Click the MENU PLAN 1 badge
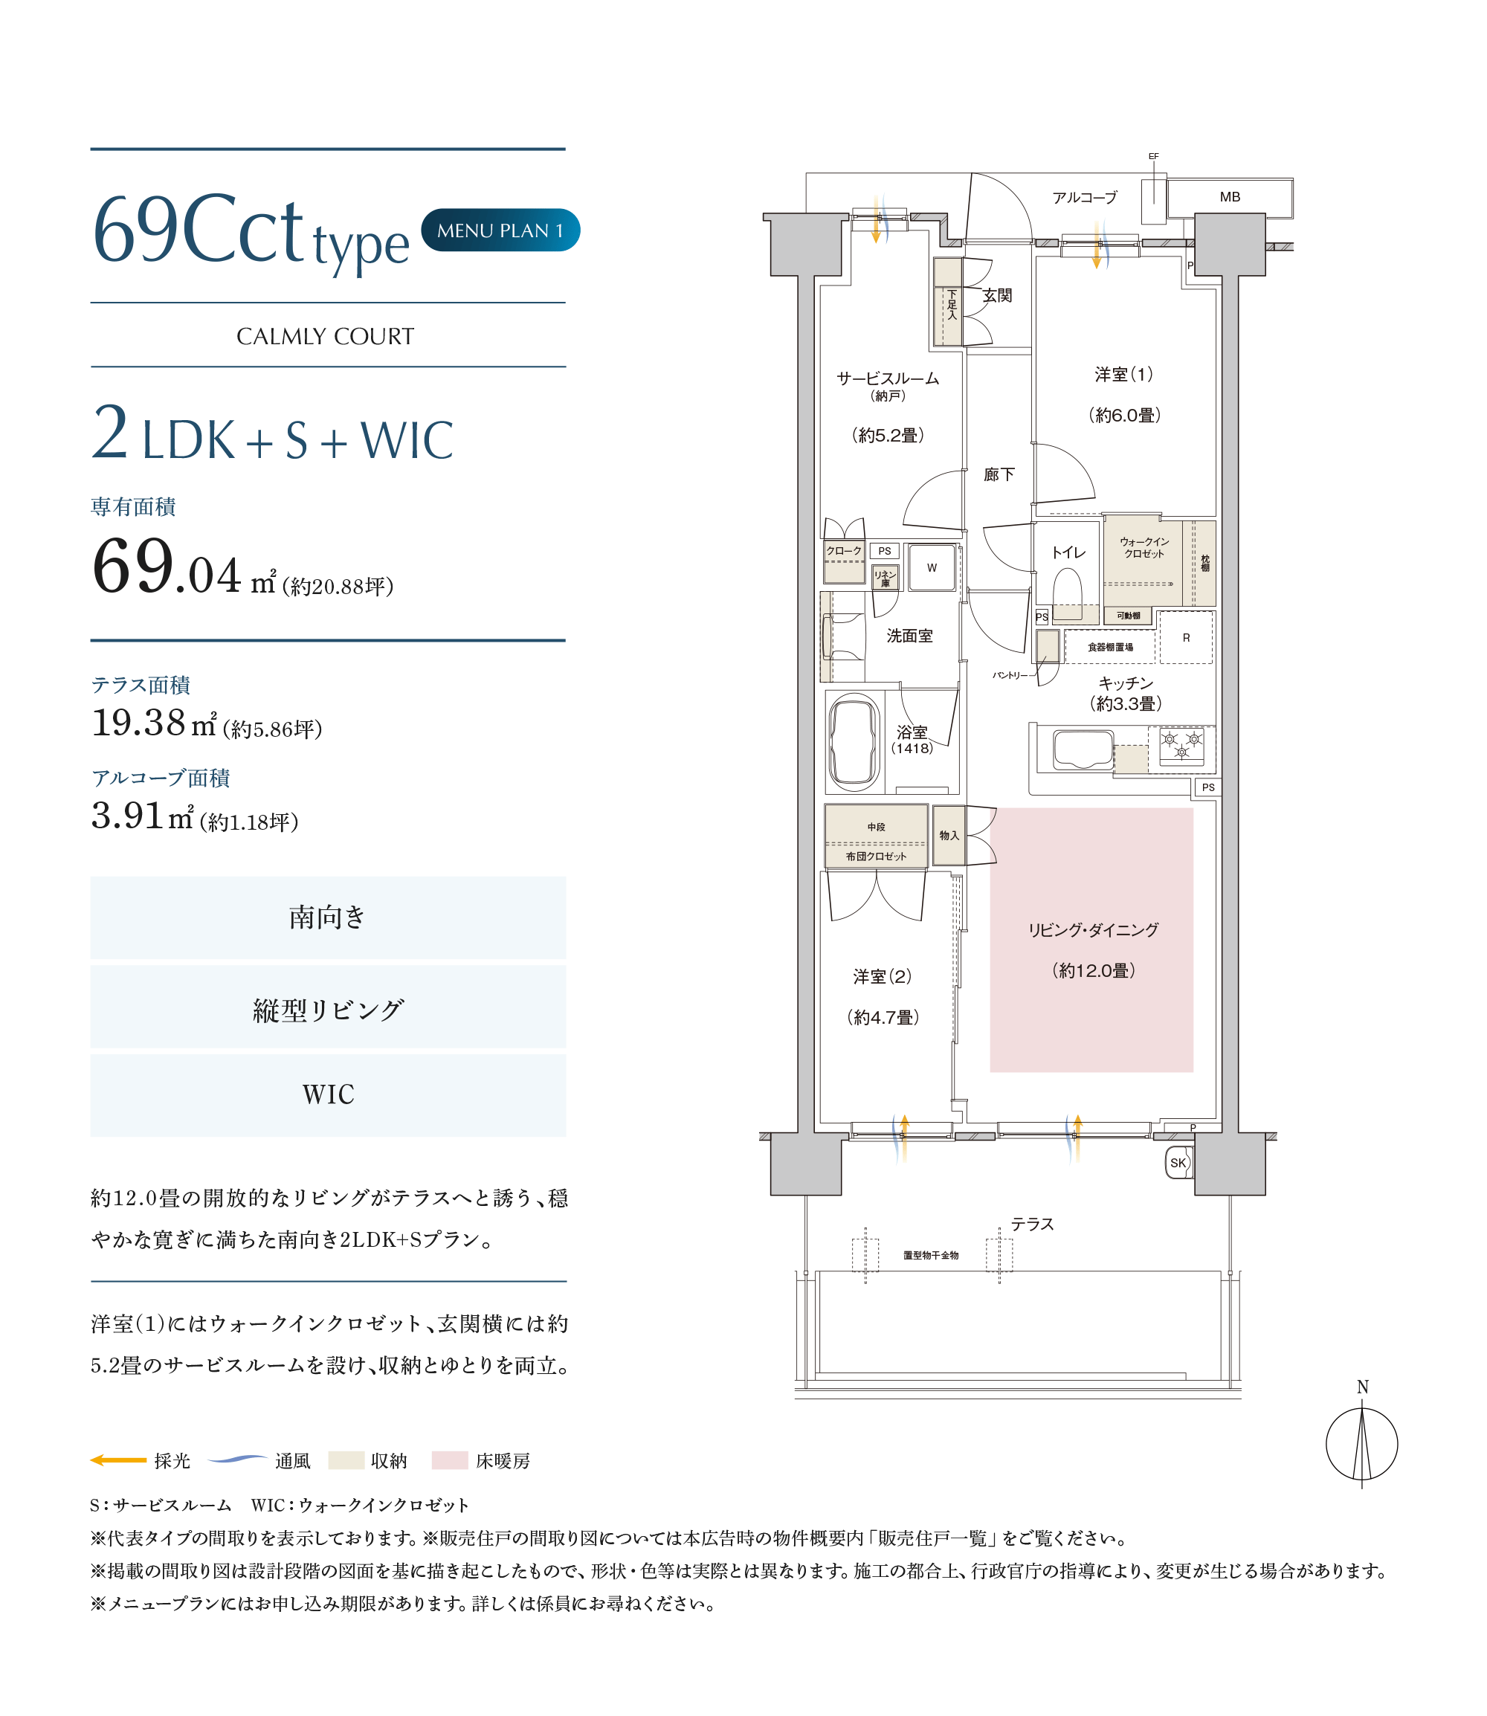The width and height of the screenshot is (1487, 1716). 500,230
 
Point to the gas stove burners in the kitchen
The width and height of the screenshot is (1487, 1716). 1181,746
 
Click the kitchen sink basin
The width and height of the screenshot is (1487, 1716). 1083,749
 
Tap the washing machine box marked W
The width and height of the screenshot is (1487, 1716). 932,567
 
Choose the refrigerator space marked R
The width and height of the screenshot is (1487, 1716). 1186,637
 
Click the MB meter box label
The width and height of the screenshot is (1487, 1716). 1230,197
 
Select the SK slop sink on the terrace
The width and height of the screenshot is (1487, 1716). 1178,1163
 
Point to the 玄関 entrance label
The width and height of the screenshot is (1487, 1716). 998,295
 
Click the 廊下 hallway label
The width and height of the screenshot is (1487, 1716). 999,474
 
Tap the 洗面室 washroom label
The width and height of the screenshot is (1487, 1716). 909,636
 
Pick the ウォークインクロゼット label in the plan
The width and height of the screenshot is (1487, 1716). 1144,548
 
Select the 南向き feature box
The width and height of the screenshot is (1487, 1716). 328,917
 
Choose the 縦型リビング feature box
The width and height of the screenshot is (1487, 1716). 328,1007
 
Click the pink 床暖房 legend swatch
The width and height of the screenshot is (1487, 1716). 450,1460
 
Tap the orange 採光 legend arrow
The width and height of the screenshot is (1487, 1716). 117,1460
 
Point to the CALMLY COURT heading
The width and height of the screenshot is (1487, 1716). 326,336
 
